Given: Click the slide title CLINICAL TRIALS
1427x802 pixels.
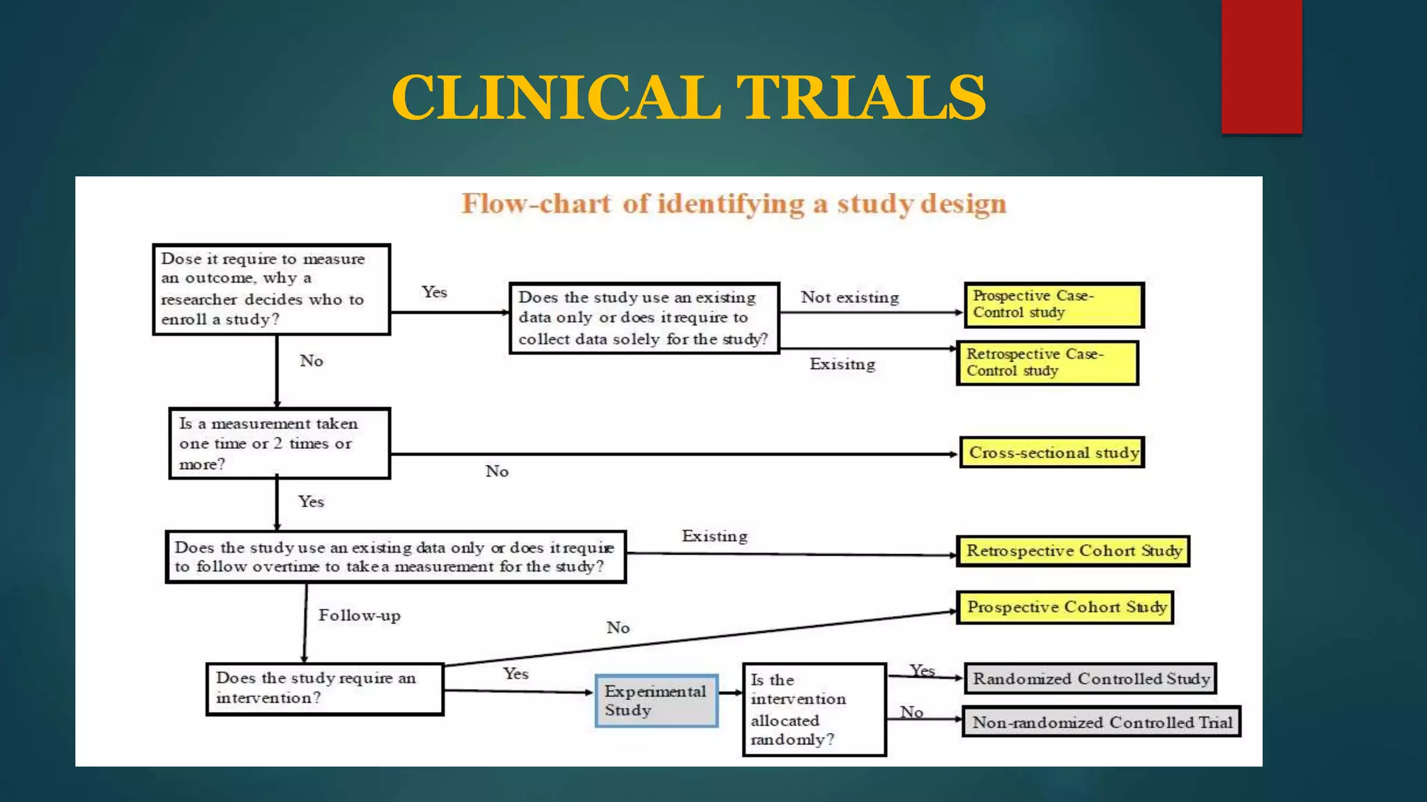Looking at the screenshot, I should pyautogui.click(x=688, y=97).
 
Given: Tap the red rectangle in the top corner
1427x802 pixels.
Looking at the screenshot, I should pyautogui.click(x=1261, y=67).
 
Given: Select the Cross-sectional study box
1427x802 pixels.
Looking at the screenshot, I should pyautogui.click(x=1052, y=453).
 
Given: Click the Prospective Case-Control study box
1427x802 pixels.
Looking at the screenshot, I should pyautogui.click(x=1054, y=305).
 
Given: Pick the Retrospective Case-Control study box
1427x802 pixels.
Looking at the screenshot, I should pyautogui.click(x=1047, y=363).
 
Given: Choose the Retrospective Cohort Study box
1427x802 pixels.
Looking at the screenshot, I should pyautogui.click(x=1073, y=551).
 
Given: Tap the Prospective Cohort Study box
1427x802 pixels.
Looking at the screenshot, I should pyautogui.click(x=1065, y=607).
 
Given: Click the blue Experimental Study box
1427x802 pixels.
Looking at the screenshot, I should pyautogui.click(x=656, y=701).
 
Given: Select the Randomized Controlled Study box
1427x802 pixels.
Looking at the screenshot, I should pyautogui.click(x=1090, y=679).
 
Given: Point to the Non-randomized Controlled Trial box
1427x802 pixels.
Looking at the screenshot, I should pyautogui.click(x=1101, y=723).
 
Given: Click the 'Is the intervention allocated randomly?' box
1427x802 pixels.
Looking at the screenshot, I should pyautogui.click(x=814, y=709).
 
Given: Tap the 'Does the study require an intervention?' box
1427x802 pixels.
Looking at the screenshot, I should pyautogui.click(x=325, y=689).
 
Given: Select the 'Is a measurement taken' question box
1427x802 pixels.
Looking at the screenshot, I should pyautogui.click(x=279, y=443).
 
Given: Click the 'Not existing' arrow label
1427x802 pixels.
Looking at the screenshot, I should pyautogui.click(x=849, y=297).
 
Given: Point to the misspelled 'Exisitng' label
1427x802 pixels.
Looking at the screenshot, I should pyautogui.click(x=842, y=364).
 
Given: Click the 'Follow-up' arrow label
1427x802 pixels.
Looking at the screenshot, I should pyautogui.click(x=359, y=615).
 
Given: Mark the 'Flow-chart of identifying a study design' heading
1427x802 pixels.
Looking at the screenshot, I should pyautogui.click(x=734, y=204).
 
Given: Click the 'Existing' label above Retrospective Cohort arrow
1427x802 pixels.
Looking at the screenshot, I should pyautogui.click(x=714, y=536).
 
